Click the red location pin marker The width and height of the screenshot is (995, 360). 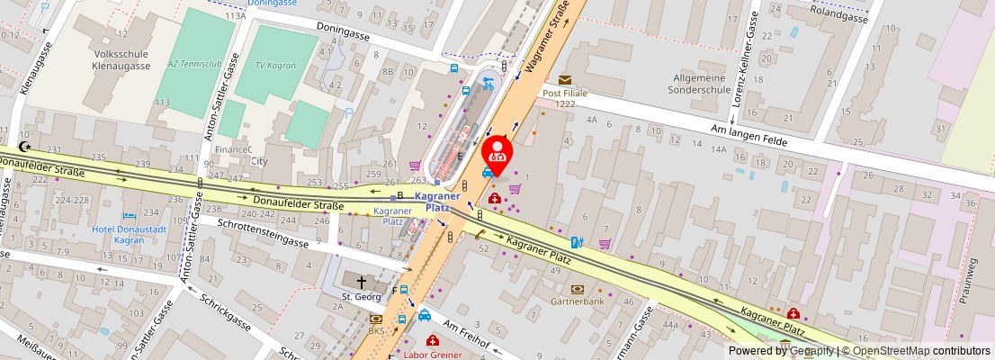497,151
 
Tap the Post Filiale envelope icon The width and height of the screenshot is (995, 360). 565,80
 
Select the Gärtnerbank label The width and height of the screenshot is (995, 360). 577,301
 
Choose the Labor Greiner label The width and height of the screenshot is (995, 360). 433,355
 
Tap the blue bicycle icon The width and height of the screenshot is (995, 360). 488,83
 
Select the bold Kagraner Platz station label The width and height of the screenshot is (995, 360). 437,202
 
